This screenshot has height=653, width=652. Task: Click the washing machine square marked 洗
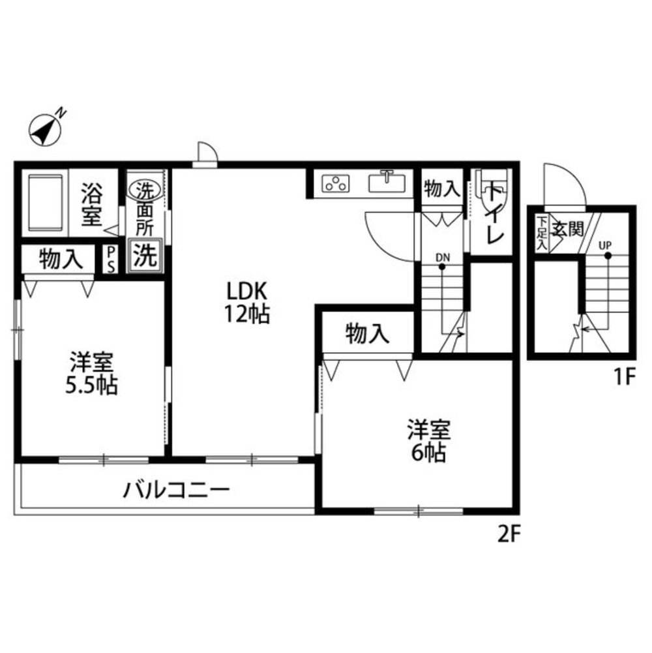[x=145, y=255]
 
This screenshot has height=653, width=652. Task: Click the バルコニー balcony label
[x=177, y=489]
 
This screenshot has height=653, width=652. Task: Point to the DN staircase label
[x=443, y=256]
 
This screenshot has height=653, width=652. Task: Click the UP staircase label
[x=606, y=245]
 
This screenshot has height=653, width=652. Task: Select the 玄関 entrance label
[x=569, y=229]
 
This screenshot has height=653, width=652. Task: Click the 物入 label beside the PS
[x=61, y=260]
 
